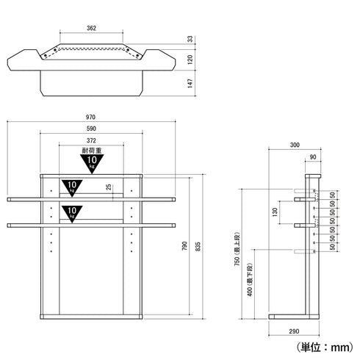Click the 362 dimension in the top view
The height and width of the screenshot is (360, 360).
91,28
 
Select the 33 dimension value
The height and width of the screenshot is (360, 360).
190,39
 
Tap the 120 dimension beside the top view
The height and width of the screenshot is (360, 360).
190,60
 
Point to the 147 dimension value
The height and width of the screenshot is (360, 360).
190,83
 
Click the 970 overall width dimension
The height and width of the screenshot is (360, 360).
90,117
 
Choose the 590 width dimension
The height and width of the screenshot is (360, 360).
91,129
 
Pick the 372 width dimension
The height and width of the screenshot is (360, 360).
91,140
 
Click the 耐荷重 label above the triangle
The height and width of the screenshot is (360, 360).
92,151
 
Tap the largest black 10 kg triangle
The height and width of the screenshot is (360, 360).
92,163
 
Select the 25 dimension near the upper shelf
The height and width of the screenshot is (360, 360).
109,187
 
